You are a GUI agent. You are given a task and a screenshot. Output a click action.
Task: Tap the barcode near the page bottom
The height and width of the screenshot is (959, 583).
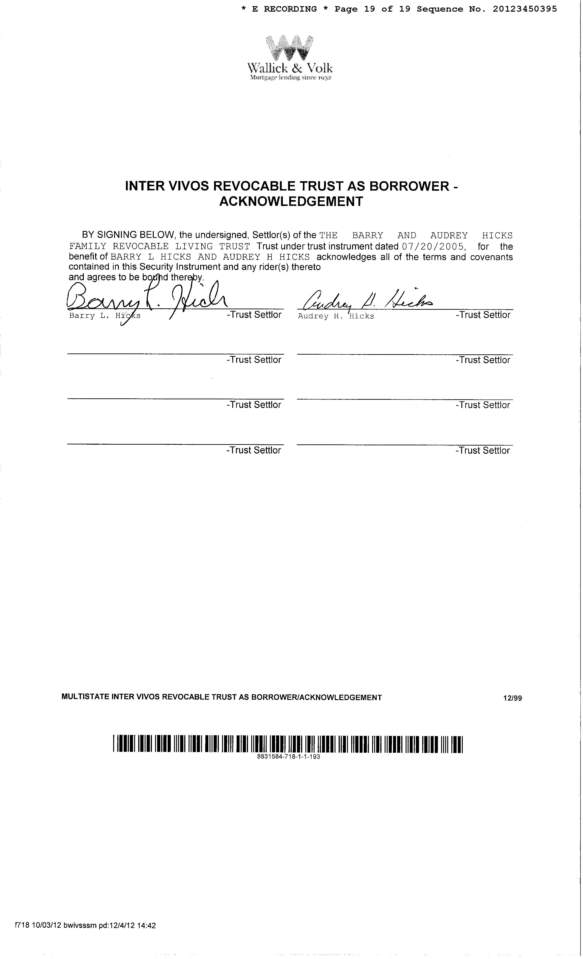[x=288, y=744]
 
